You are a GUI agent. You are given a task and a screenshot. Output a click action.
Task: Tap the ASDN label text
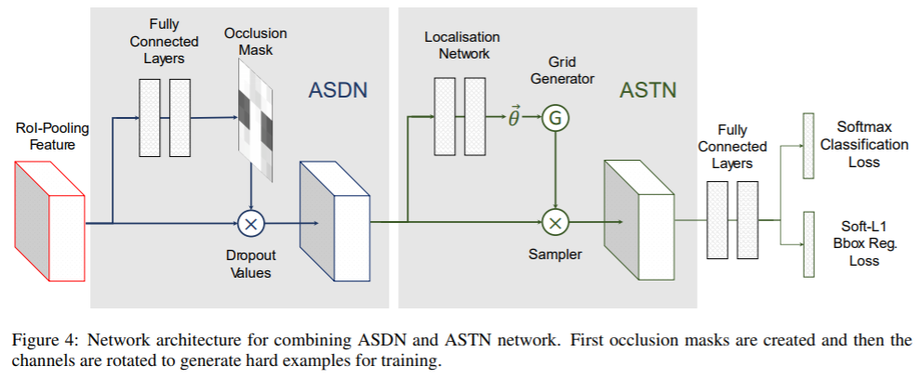339,90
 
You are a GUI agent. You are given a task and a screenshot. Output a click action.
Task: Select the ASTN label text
647,90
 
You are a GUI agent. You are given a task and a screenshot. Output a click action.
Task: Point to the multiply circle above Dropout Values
251,223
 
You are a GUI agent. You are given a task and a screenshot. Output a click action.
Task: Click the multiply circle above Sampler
555,223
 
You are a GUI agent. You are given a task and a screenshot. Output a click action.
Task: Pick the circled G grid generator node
555,117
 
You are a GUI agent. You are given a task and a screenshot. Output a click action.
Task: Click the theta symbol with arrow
514,116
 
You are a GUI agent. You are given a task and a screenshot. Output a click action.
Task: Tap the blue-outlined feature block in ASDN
335,221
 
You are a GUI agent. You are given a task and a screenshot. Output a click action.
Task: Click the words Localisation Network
462,45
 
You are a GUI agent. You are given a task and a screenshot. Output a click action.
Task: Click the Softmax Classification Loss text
871,143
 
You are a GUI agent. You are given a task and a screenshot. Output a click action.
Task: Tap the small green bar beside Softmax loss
806,145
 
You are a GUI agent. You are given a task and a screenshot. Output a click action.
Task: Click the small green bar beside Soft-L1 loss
806,244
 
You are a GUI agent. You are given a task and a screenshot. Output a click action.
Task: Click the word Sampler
556,255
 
